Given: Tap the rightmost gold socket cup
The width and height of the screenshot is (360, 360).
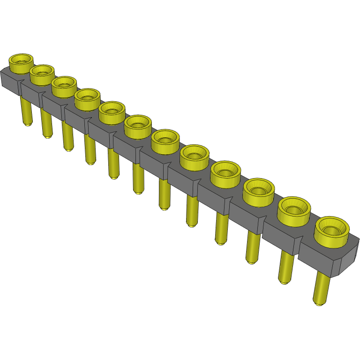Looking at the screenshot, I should (x=332, y=231).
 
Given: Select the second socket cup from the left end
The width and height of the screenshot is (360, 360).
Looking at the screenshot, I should (x=42, y=74).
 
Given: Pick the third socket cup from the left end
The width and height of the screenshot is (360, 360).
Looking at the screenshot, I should (x=64, y=86).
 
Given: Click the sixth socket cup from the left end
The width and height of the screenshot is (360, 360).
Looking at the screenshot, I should (x=138, y=126).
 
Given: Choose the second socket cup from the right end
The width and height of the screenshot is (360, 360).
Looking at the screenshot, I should (x=294, y=210).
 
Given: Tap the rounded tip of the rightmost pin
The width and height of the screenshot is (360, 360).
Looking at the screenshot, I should (x=320, y=303).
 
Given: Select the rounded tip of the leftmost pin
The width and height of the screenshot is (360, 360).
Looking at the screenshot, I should (x=28, y=124).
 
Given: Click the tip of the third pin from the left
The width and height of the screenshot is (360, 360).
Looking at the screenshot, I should (x=68, y=149).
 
